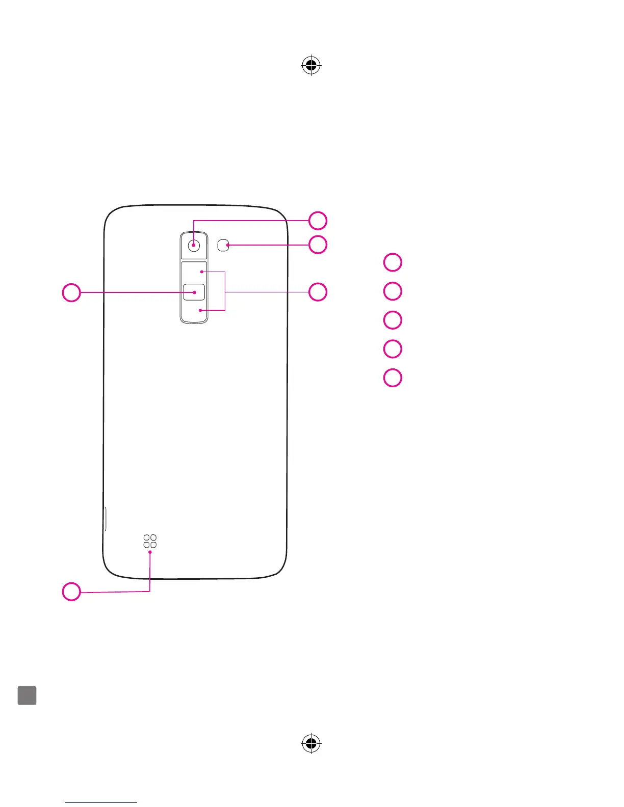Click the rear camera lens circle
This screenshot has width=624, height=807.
[x=194, y=245]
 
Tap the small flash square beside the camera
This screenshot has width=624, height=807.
[x=223, y=246]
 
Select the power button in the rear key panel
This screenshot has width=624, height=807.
[x=194, y=292]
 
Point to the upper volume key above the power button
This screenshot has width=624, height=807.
[x=194, y=272]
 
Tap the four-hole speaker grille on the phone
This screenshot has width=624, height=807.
[x=150, y=541]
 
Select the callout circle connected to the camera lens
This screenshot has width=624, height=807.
[x=318, y=221]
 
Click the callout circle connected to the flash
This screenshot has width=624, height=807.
[x=318, y=245]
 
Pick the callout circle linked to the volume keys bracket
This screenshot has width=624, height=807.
[x=318, y=292]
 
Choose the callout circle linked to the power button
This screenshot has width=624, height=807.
[x=71, y=292]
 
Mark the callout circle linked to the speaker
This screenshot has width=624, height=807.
[x=71, y=591]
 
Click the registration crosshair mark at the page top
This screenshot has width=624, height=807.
[x=311, y=66]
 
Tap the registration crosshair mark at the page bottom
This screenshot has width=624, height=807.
[x=311, y=743]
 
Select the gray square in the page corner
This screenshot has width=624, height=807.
[x=27, y=695]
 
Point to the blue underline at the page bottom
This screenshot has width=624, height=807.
[x=101, y=803]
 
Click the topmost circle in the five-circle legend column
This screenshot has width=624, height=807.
[x=393, y=262]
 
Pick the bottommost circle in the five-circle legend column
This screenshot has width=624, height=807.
[x=393, y=378]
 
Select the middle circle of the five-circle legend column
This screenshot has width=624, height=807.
[x=393, y=320]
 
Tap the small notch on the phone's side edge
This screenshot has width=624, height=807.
[x=105, y=519]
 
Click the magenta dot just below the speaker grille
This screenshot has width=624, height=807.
[x=150, y=552]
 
